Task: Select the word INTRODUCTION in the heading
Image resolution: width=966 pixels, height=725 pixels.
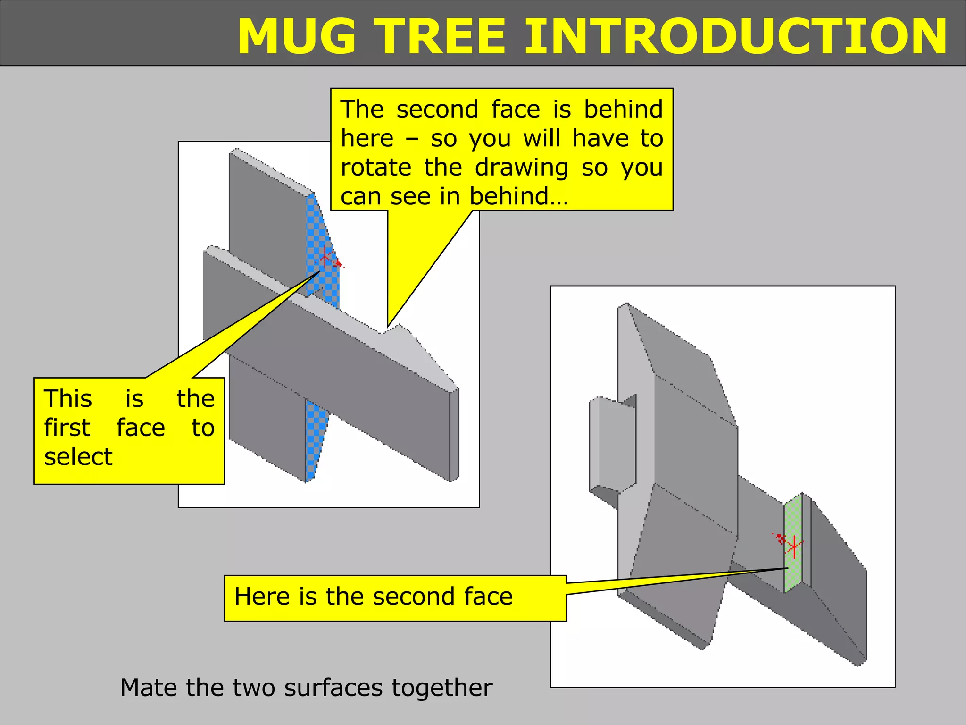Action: pos(735,37)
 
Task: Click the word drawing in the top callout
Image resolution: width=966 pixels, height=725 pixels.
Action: pos(521,168)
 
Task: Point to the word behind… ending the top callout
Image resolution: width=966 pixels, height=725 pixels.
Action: pos(518,196)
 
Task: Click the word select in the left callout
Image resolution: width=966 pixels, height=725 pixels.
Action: pos(78,456)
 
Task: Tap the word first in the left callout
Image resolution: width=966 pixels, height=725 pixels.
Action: pos(67,428)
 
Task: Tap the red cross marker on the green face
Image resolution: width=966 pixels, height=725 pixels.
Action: pos(794,547)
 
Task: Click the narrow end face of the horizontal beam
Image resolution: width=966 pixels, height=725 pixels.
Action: pos(454,434)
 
